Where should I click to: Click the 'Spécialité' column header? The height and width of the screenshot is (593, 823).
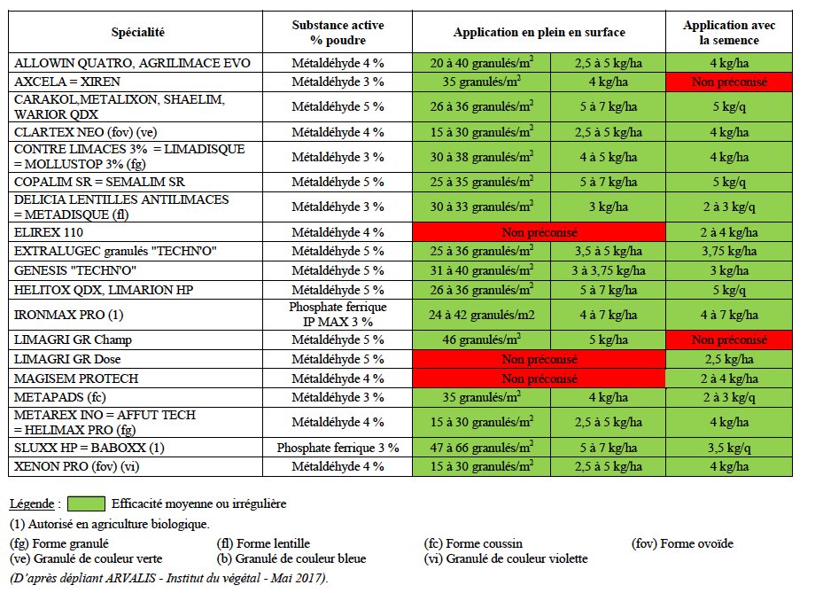click(137, 33)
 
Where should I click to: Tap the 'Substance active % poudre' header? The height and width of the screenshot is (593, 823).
click(337, 33)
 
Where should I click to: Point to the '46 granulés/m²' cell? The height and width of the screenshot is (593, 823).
click(481, 339)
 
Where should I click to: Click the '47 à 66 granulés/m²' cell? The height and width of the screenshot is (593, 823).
click(481, 447)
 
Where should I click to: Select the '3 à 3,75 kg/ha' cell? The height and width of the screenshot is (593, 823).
click(608, 270)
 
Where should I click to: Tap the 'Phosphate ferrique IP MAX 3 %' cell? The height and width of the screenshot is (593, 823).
click(337, 315)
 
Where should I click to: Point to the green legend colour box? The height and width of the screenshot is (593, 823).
click(85, 503)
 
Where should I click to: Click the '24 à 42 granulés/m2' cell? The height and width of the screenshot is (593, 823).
click(481, 315)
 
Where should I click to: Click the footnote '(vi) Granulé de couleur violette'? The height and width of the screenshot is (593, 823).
click(506, 559)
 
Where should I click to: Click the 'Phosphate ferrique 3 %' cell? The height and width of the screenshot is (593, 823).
click(337, 447)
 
